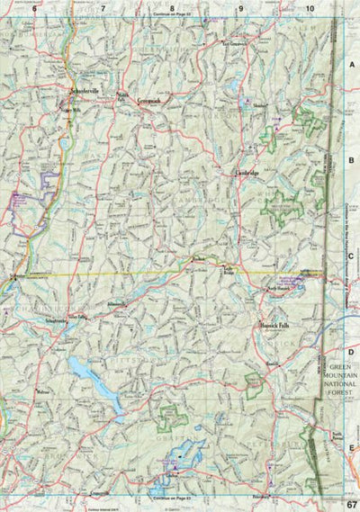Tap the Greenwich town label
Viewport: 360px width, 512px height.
[x=148, y=101]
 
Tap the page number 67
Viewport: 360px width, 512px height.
[x=349, y=503]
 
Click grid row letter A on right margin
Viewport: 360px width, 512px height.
[x=350, y=66]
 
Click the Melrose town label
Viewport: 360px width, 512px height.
[x=41, y=392]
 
